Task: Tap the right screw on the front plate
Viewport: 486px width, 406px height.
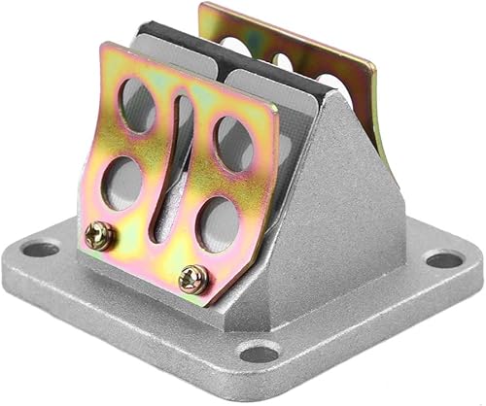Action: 192,278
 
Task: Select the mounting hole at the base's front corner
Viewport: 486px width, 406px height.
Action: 258,352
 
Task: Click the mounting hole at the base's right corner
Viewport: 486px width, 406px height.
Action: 444,259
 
